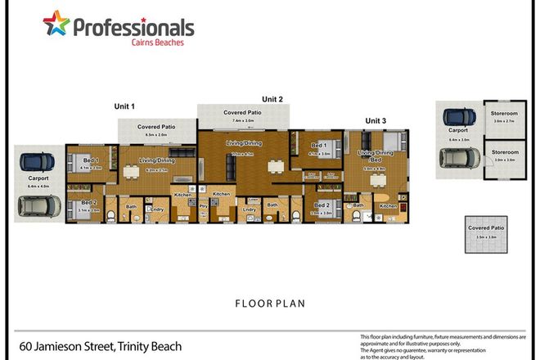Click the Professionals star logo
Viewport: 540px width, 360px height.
[56, 25]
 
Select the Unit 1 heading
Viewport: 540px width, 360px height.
[124, 106]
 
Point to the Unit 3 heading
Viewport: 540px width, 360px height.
[375, 120]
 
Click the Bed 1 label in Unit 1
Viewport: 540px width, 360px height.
[90, 160]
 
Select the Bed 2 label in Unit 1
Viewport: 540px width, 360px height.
[88, 204]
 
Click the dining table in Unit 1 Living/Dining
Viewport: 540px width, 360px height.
[131, 172]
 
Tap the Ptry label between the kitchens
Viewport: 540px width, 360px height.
[204, 207]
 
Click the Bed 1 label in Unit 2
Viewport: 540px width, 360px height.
[318, 148]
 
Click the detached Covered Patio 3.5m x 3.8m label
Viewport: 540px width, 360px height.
[479, 229]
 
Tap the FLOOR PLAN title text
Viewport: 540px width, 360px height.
[269, 303]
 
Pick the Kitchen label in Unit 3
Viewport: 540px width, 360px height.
[387, 206]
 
